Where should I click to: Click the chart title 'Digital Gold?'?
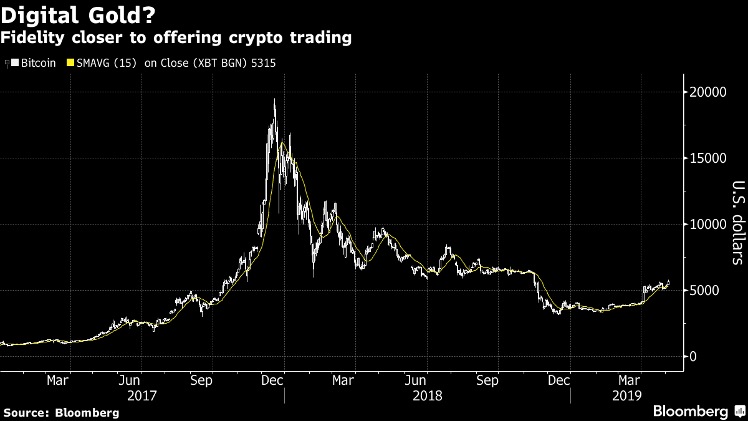[78, 16]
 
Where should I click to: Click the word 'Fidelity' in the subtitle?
[32, 37]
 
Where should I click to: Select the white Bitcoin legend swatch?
[15, 62]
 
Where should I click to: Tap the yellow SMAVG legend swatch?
[70, 62]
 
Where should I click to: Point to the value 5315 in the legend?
[264, 63]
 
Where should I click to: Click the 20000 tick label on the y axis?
[707, 92]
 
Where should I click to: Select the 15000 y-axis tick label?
[707, 158]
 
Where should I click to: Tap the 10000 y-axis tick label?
[707, 225]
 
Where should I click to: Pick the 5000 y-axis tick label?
[704, 291]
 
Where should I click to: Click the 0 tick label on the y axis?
[693, 357]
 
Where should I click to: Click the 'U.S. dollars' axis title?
[738, 223]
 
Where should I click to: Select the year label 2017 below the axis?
[142, 396]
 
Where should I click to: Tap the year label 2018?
[428, 396]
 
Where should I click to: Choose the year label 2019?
[627, 396]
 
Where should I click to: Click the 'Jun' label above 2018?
[415, 380]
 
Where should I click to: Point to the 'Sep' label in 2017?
[201, 380]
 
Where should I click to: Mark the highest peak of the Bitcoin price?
[275, 99]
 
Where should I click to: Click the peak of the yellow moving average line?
[282, 143]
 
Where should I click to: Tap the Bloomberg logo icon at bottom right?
[740, 411]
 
